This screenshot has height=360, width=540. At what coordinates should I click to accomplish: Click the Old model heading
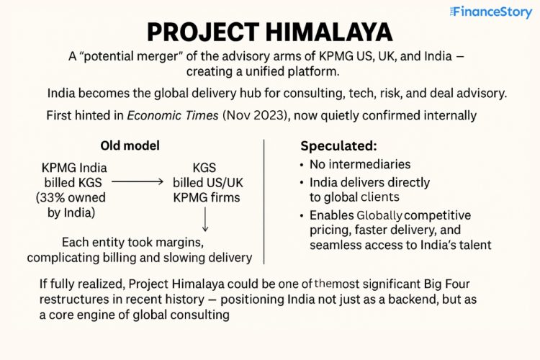(130, 145)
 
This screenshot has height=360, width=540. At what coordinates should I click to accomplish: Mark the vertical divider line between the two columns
(265, 201)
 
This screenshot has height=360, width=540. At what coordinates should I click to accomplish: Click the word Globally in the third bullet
(380, 215)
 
